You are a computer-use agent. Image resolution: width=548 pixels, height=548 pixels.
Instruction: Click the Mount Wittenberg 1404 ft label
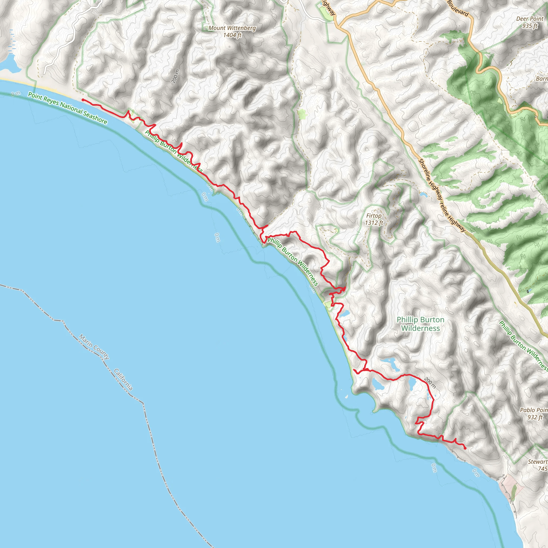232,32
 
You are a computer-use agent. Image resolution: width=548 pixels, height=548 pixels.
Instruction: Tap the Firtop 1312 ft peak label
374,219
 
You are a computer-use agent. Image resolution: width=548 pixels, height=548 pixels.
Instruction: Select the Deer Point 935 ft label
530,22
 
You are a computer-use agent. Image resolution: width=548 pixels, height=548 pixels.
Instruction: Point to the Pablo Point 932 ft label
534,413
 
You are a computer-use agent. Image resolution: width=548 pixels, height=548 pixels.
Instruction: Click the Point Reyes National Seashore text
67,108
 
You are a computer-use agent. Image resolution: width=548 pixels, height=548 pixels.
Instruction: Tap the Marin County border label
94,347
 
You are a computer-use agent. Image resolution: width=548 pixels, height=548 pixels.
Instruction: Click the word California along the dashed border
123,379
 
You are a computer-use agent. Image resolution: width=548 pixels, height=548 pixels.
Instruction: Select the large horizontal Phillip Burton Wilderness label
420,324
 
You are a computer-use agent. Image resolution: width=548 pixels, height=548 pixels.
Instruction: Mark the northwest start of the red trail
82,100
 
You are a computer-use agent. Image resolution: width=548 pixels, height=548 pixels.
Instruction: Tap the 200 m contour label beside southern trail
430,383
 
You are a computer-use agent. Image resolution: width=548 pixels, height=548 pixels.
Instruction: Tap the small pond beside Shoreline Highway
423,195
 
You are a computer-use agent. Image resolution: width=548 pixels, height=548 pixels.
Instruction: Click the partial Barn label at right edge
542,79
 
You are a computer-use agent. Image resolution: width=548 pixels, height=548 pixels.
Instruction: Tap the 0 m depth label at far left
16,94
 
